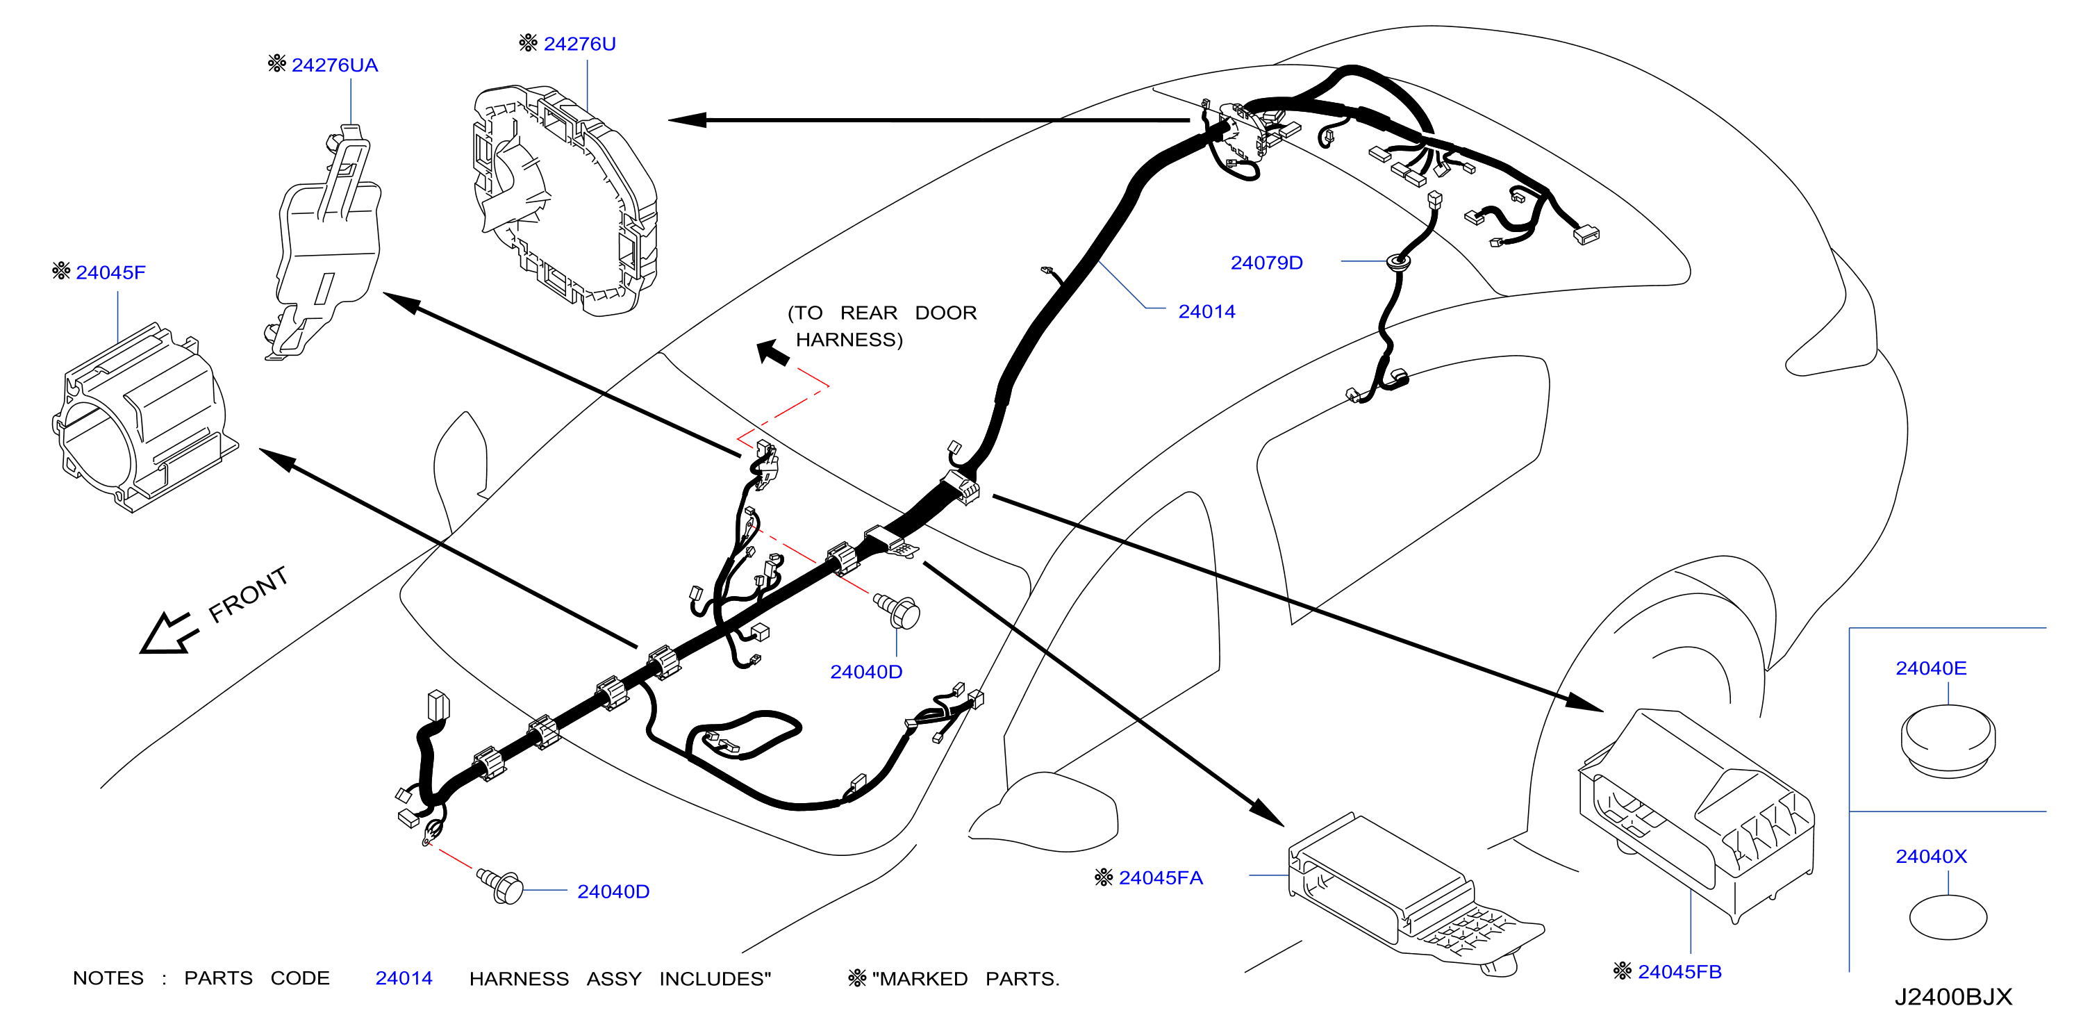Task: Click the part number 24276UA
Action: tap(334, 65)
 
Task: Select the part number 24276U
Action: tap(579, 44)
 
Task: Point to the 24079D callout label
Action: tap(1266, 263)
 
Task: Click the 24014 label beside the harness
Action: tap(1206, 311)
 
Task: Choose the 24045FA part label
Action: tap(1161, 877)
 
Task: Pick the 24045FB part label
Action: tap(1679, 971)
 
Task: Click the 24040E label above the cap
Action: tap(1930, 668)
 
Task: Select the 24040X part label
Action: tap(1930, 857)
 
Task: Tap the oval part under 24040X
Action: tap(1948, 917)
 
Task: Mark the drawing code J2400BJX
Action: tap(1953, 997)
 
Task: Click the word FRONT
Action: tap(248, 594)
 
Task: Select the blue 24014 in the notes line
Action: tap(404, 978)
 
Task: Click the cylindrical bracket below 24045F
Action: tap(144, 418)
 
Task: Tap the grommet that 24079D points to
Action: tap(1399, 263)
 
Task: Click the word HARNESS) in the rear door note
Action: tap(849, 340)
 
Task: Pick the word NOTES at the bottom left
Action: tap(108, 978)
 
